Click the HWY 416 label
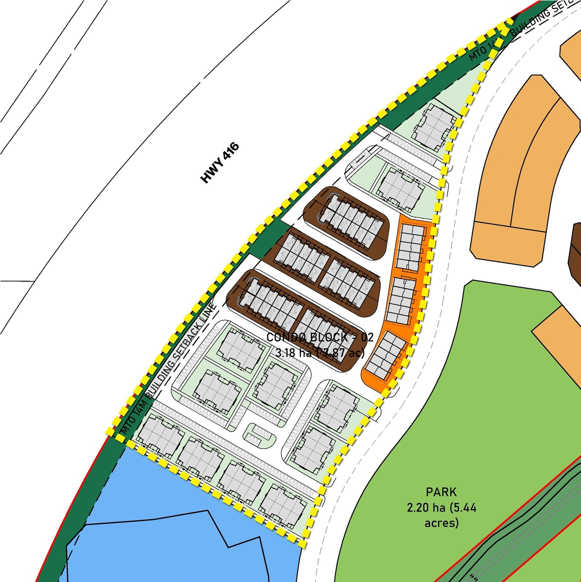pyautogui.click(x=220, y=163)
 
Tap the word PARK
pyautogui.click(x=441, y=492)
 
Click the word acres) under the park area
pyautogui.click(x=441, y=523)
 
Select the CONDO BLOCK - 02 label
pyautogui.click(x=320, y=337)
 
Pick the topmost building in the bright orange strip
pyautogui.click(x=410, y=247)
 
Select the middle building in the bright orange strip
pyautogui.click(x=401, y=300)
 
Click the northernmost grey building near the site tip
pyautogui.click(x=433, y=125)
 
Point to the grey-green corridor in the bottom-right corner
pyautogui.click(x=522, y=536)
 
